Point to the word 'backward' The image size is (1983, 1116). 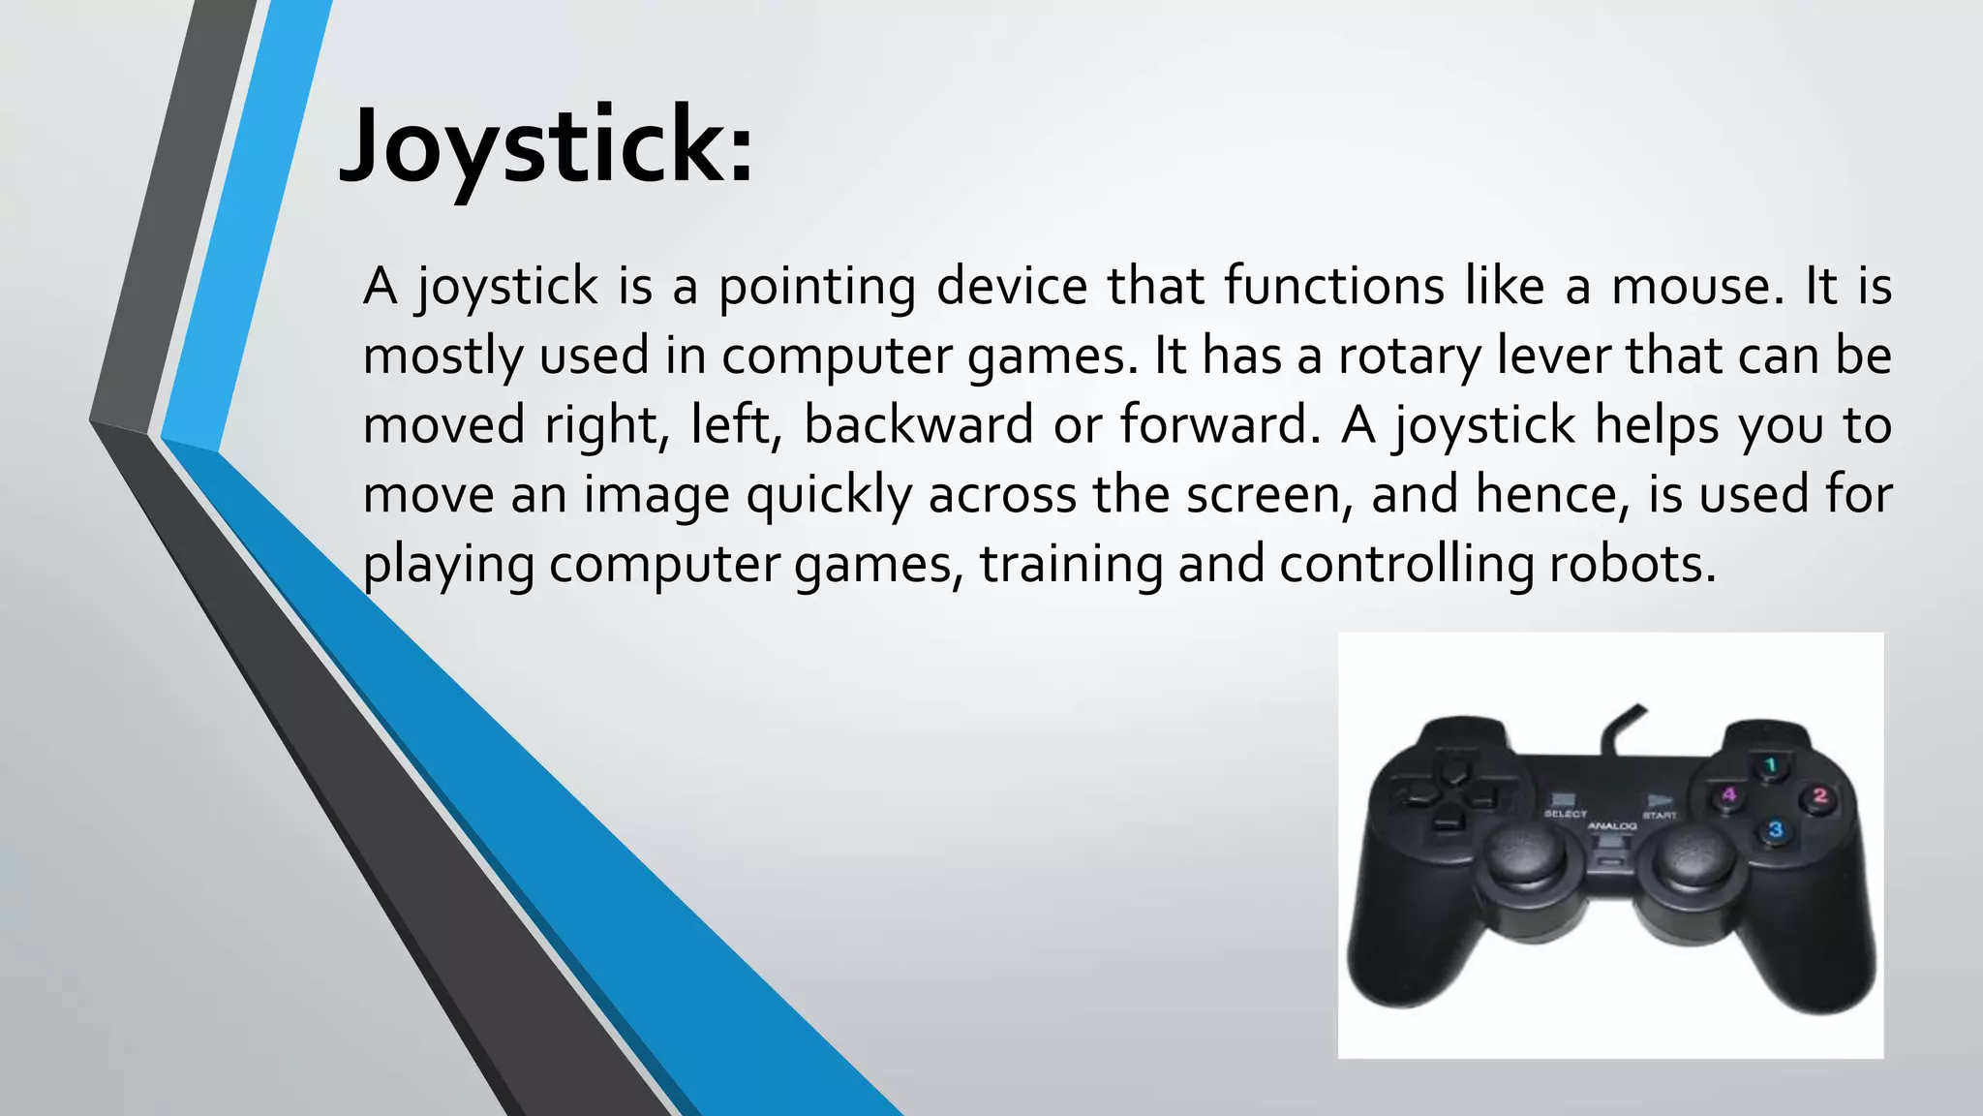918,426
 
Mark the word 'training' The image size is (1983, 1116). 1071,565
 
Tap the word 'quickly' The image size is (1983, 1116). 829,495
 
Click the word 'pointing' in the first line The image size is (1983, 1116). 816,287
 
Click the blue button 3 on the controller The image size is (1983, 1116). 1775,830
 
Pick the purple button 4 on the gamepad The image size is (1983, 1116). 1728,796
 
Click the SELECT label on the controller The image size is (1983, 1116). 1565,815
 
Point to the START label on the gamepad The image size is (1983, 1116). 1659,816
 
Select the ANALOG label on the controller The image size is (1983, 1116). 1611,826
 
